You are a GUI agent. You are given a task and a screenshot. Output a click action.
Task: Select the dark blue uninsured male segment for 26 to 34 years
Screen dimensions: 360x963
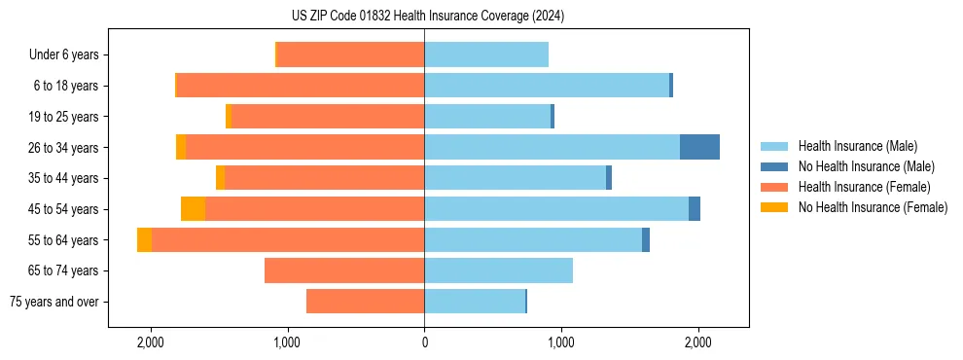click(699, 147)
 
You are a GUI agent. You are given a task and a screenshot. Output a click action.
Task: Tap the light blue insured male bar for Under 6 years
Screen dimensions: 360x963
click(486, 54)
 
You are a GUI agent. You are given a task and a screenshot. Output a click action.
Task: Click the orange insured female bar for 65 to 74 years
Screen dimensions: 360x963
click(344, 270)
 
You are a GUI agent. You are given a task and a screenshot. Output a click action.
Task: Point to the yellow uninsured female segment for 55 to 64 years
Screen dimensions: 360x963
click(144, 239)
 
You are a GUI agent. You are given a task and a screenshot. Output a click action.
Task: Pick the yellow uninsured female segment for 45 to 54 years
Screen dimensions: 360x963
click(193, 209)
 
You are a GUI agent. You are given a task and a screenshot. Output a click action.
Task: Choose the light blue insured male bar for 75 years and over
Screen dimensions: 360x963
click(475, 302)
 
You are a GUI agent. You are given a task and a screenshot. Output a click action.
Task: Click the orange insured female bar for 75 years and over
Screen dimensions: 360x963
click(365, 302)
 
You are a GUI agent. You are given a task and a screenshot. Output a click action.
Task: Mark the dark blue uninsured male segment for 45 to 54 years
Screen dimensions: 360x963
click(695, 209)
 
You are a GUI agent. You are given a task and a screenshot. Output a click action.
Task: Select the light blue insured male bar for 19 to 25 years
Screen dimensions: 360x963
click(487, 117)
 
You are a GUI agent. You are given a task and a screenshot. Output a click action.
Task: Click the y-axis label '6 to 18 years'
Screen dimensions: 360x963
click(66, 86)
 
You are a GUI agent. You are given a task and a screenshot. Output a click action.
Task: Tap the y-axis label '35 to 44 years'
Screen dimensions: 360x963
click(63, 178)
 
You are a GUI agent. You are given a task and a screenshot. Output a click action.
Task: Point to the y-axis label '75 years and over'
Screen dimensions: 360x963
click(53, 302)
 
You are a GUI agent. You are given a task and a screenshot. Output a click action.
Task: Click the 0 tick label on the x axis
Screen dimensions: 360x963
click(424, 342)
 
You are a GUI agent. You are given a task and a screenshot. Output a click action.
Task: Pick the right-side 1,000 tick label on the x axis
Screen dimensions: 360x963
click(560, 342)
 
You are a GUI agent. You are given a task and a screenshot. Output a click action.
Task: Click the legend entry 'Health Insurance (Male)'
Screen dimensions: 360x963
click(857, 146)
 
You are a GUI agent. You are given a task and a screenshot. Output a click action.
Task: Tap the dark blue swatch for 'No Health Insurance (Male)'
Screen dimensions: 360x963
click(774, 166)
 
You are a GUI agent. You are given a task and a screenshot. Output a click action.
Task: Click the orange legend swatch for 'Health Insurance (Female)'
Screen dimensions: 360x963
click(774, 187)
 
